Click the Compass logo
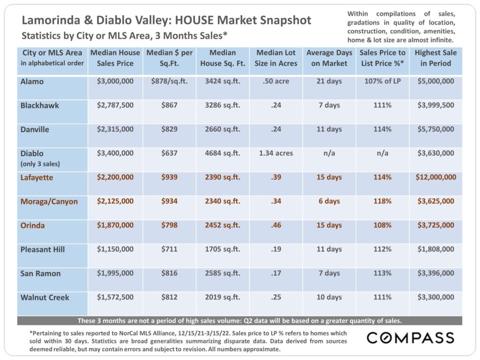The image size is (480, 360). coord(410,337)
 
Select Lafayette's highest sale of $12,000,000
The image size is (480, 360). coord(436,178)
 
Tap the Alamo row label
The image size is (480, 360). coord(32,82)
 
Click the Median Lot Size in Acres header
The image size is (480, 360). coord(276,58)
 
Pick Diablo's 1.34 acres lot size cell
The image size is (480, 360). coord(276,153)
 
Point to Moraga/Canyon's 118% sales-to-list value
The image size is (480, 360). coord(382,202)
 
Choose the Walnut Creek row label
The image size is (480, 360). coord(45,298)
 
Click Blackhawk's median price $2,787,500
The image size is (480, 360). coord(115,105)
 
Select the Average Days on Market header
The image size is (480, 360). coord(329,58)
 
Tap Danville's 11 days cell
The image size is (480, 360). coord(329,129)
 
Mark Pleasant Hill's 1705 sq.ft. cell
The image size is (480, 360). coord(223,249)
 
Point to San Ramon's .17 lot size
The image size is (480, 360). coord(276,273)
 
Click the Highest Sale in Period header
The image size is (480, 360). coord(435,58)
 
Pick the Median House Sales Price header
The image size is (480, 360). coord(115,58)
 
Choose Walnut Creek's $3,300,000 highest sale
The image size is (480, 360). coord(435,297)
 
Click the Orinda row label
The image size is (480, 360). coord(33,225)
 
